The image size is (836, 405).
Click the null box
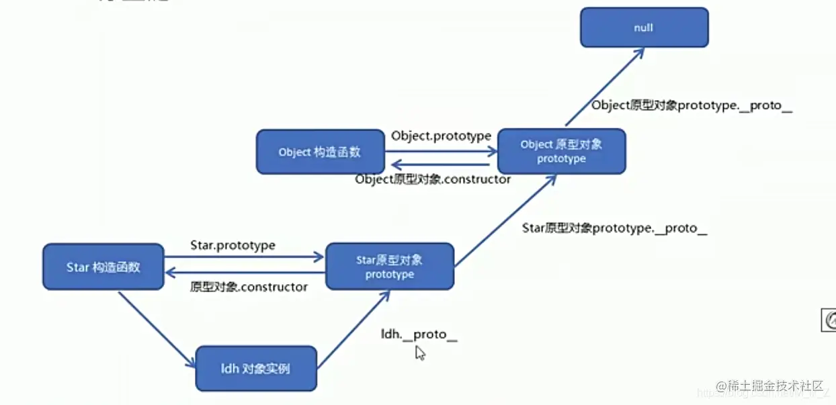coord(644,28)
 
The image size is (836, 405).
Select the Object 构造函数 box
coord(320,152)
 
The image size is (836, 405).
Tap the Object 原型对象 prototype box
coord(561,151)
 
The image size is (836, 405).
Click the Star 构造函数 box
coord(103,267)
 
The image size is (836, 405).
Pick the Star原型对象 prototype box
coord(390,267)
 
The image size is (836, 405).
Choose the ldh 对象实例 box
coord(255,368)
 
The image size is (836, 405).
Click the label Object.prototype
coord(441,136)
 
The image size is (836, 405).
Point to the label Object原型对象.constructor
coord(433,179)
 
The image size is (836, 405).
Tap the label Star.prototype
coord(233,245)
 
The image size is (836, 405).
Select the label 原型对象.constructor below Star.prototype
coord(249,287)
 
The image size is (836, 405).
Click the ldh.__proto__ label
coord(419,334)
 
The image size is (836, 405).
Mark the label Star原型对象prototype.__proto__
coord(614,228)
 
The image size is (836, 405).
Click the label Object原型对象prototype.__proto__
coord(692,106)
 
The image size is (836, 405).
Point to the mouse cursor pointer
coord(419,353)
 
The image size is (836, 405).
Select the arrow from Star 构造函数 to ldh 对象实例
coord(156,329)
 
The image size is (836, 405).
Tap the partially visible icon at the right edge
coord(829,320)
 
